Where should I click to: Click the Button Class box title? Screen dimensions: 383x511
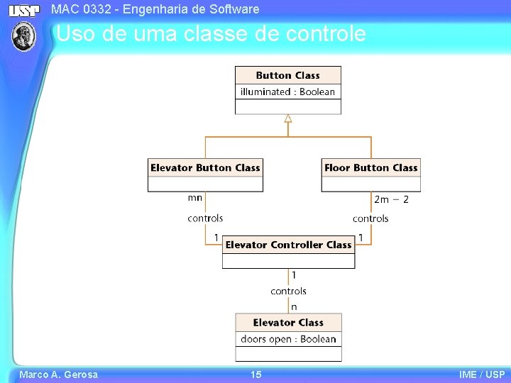[287, 75]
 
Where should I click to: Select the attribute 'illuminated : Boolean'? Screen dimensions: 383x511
[287, 91]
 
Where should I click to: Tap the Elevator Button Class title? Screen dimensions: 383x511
[205, 168]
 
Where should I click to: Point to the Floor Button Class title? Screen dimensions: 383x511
[370, 168]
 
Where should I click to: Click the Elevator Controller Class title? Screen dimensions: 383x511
[288, 245]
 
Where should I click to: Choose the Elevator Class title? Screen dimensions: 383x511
[288, 323]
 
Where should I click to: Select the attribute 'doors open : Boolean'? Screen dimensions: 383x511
[288, 339]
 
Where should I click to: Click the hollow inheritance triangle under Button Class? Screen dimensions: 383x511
[288, 118]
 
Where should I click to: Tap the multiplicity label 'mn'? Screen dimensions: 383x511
[195, 199]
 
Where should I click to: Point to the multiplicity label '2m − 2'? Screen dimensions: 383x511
[391, 199]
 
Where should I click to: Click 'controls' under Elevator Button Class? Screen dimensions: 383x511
[205, 218]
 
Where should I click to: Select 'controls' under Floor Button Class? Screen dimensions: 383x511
[370, 218]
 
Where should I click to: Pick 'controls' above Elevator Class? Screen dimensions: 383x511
[288, 291]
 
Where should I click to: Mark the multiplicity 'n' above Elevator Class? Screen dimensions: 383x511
[294, 306]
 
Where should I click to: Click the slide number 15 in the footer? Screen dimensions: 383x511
[255, 374]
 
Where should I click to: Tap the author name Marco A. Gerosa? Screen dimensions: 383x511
[58, 374]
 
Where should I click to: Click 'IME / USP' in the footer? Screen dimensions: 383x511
[482, 374]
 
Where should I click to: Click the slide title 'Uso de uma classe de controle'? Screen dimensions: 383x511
[211, 34]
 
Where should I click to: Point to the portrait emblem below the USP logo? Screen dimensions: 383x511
[25, 35]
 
